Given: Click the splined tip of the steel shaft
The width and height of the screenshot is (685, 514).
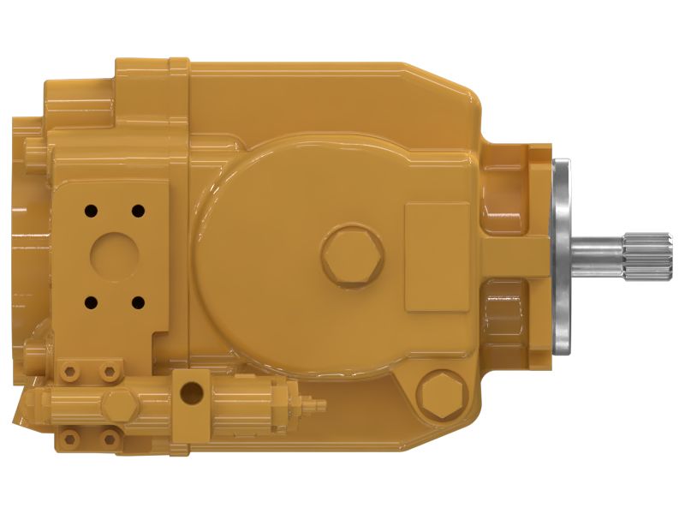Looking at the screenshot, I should pos(645,256).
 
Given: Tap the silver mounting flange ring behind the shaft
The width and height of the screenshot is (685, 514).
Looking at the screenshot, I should pos(563,257).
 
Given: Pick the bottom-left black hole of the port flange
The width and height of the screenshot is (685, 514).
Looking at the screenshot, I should pos(89,301).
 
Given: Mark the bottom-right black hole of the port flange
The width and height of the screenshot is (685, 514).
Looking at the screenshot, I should pos(135,301).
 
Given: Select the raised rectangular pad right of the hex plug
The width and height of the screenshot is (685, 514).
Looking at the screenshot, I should pos(436,256).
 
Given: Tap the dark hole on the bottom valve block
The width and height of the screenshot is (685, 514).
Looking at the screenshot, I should pos(193,393).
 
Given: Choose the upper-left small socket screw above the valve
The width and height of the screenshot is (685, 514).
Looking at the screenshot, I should pos(69,370).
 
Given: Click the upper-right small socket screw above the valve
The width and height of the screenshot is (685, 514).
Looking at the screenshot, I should pos(108,370).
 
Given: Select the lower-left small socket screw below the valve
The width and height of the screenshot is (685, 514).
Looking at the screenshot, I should pos(69,438).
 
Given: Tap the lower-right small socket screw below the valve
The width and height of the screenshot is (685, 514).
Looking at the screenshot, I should pos(108,438).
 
